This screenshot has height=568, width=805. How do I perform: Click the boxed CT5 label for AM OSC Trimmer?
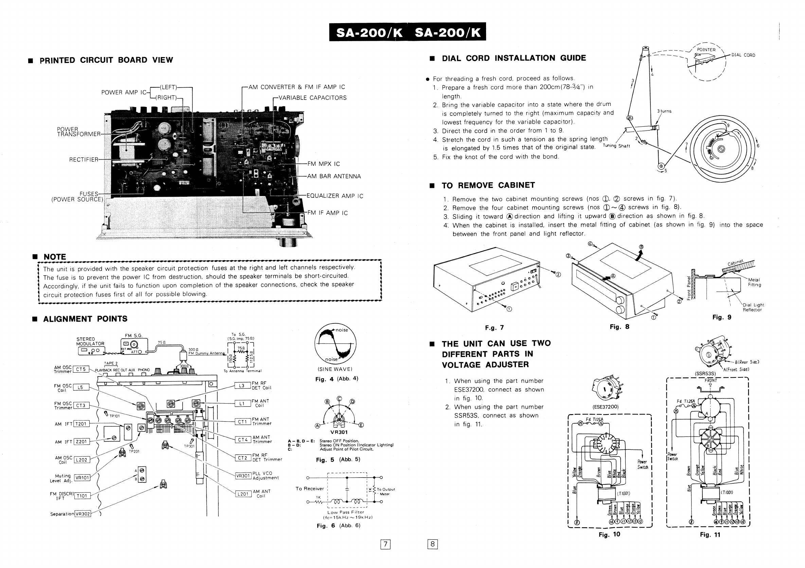click(80, 369)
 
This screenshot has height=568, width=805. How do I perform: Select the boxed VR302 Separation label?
click(83, 514)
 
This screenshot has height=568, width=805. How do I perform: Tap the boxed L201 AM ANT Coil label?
click(243, 494)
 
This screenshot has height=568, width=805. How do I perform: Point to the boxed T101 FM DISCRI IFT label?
click(82, 495)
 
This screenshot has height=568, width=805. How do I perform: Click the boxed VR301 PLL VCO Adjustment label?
click(243, 476)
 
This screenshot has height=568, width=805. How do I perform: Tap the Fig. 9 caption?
click(721, 317)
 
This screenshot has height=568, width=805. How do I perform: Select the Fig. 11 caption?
click(710, 534)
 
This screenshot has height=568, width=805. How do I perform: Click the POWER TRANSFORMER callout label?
click(78, 131)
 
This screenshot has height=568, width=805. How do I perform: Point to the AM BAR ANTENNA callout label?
click(334, 176)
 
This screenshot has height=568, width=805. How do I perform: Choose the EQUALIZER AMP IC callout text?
click(335, 196)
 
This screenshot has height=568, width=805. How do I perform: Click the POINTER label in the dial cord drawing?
click(706, 50)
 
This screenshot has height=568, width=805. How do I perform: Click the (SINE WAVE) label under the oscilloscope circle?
click(335, 369)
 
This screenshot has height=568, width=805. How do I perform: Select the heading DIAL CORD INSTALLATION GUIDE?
click(514, 58)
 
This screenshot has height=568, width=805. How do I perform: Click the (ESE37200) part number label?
click(606, 407)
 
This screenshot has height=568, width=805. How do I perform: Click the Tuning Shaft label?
click(616, 146)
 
